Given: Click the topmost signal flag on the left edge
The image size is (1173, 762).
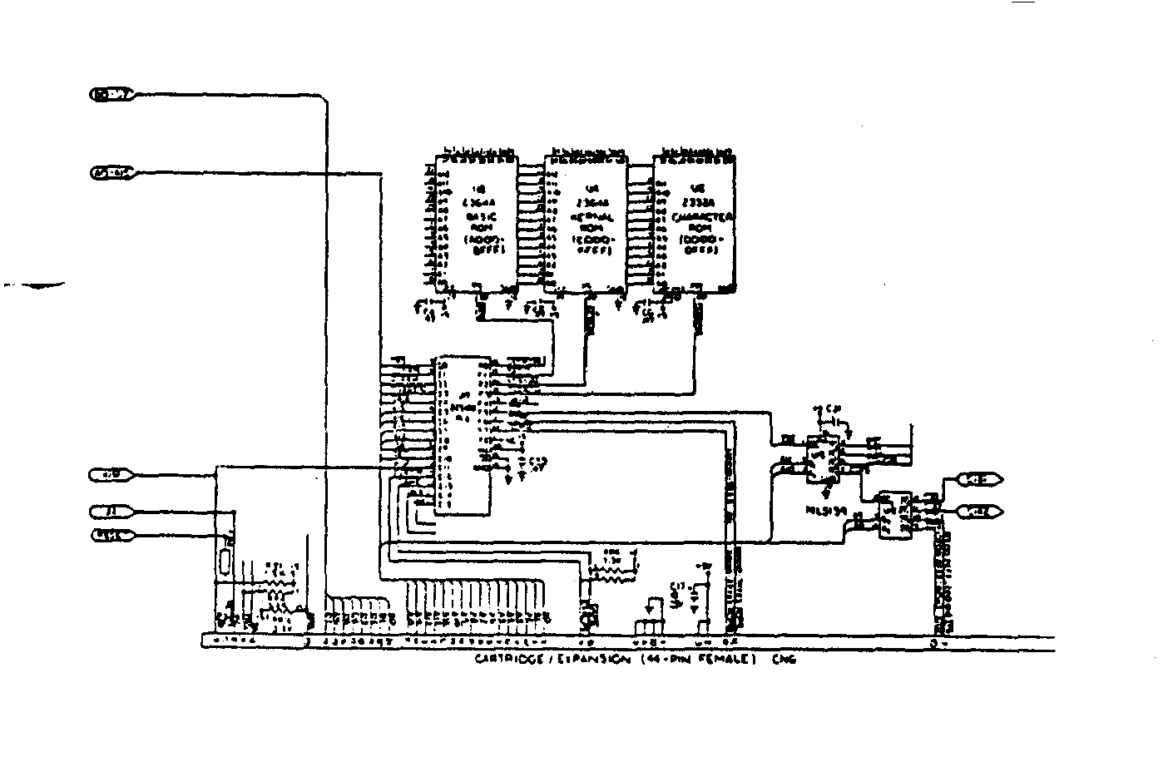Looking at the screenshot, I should coord(111,95).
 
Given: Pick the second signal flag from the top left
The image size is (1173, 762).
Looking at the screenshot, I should coord(111,173).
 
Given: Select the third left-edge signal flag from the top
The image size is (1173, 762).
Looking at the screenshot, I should coord(110,475).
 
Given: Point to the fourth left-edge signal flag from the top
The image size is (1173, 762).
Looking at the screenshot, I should coord(110,512).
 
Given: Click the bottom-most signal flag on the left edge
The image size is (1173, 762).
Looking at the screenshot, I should coord(110,536).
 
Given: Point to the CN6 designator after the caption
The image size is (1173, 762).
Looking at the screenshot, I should coord(783,661).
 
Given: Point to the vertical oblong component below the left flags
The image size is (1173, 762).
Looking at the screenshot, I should coord(225,561).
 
